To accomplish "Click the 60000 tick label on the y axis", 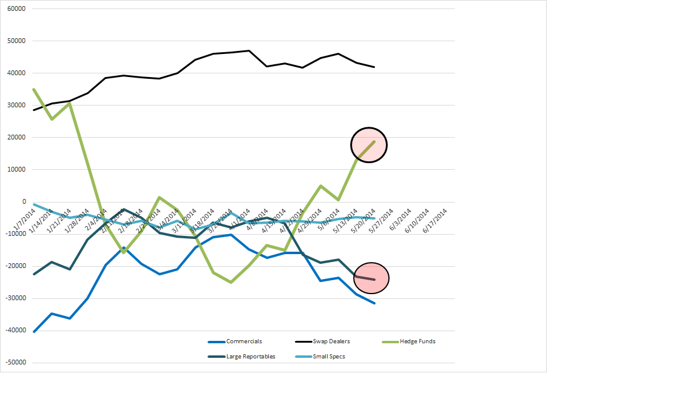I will coord(16,9).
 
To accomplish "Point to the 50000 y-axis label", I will coord(16,41).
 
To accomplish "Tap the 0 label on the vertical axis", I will coord(24,202).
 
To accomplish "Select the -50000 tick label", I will coord(15,363).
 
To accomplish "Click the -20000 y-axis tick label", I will coord(15,266).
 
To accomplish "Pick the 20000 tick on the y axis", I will coord(16,138).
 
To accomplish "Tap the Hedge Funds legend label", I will coord(417,341).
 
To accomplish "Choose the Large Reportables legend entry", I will coord(251,357).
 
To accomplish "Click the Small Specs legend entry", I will coord(329,357).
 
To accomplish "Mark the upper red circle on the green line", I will coord(369,145).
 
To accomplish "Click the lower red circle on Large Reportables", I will coord(371,278).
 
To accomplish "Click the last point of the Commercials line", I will coord(374,303).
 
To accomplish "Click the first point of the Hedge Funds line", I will coord(33,89).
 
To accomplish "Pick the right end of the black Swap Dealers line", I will coord(374,67).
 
